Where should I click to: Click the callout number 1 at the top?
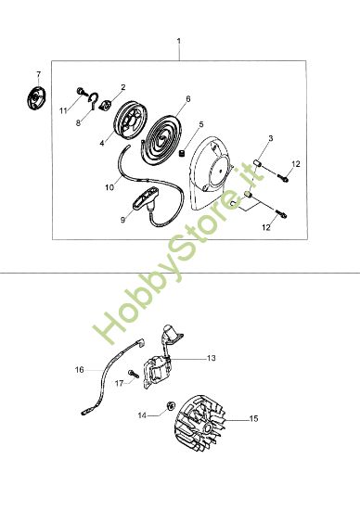(179, 41)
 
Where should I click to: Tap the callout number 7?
(38, 73)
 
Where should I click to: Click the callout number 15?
(253, 419)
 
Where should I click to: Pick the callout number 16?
(80, 370)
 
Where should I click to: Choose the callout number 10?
(109, 186)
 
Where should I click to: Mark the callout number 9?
(122, 221)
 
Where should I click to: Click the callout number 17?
(119, 382)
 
